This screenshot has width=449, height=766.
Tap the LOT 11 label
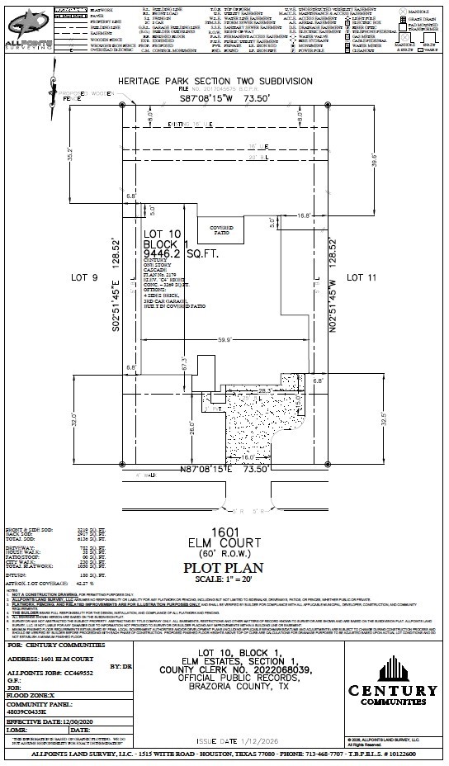tap(361, 277)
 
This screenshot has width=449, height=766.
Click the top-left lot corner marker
tap(123, 106)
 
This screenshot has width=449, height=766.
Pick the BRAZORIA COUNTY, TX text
tap(226, 686)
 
